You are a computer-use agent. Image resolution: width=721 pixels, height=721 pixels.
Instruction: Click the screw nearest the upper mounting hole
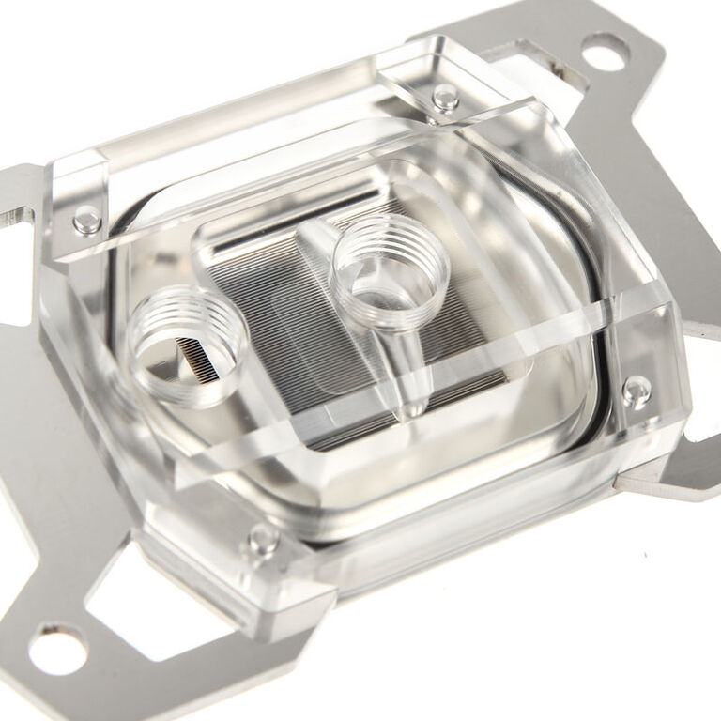click(x=445, y=96)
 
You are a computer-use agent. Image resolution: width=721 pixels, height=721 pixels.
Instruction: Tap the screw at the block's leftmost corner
click(x=87, y=220)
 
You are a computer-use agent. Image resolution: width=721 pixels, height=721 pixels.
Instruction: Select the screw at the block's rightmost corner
click(x=636, y=390)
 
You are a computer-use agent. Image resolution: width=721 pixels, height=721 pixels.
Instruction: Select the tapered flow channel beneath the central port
click(x=407, y=371)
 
